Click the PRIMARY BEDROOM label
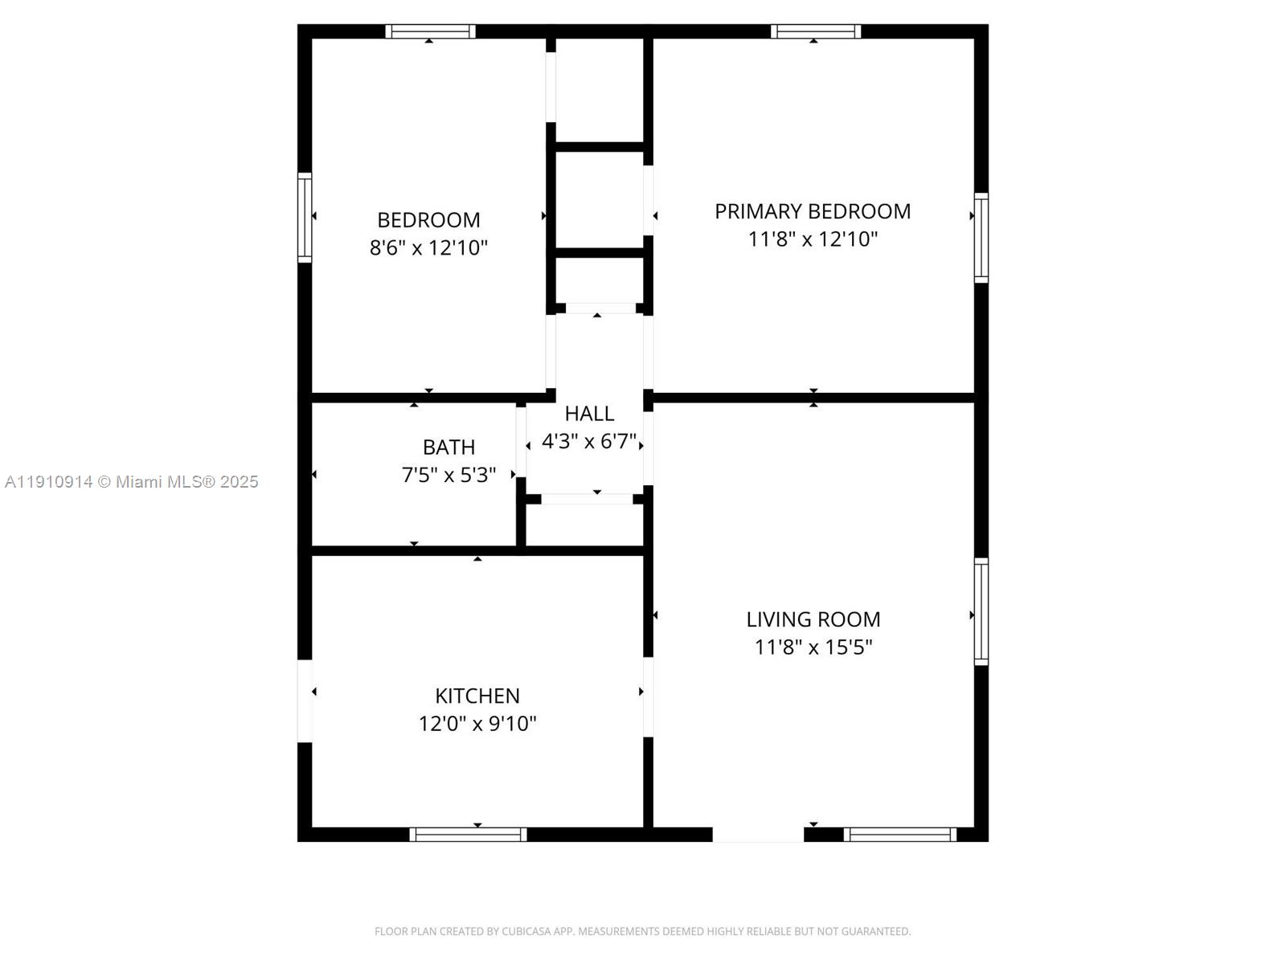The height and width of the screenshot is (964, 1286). click(813, 211)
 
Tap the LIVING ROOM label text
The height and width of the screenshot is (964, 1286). click(813, 619)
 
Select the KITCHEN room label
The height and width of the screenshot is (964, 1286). click(477, 696)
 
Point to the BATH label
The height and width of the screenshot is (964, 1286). click(448, 447)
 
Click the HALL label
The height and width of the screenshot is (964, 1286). click(589, 414)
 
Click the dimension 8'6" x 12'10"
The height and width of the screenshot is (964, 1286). click(428, 247)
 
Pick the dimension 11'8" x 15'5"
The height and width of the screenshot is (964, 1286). click(813, 647)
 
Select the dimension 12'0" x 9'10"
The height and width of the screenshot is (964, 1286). click(477, 723)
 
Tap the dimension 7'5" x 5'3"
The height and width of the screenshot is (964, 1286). click(448, 475)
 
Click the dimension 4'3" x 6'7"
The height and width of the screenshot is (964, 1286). click(589, 441)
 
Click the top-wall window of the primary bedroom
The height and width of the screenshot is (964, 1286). click(815, 31)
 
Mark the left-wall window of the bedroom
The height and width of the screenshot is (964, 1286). click(305, 217)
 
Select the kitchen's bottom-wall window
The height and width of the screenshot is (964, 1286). click(468, 835)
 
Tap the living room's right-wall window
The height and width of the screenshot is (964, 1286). click(981, 611)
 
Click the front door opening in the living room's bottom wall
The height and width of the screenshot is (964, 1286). click(758, 835)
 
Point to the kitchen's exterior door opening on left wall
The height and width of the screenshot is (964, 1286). click(305, 701)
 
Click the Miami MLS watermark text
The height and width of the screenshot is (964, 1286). click(131, 482)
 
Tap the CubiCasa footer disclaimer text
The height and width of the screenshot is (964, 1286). click(642, 931)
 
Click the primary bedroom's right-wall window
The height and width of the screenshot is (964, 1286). click(981, 237)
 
